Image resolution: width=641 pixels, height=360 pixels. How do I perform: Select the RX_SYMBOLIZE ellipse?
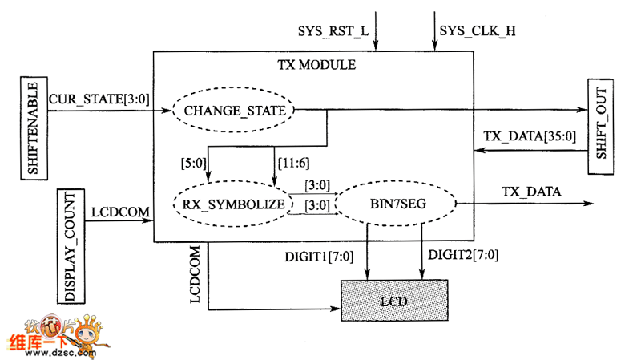(228, 204)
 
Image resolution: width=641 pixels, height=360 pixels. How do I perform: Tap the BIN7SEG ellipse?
(393, 204)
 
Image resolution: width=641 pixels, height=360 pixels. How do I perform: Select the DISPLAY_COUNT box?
(71, 246)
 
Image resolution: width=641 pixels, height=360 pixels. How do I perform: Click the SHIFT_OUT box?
(603, 126)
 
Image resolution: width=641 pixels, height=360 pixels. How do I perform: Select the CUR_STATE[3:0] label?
(97, 99)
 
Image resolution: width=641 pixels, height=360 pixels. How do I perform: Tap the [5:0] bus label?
(194, 163)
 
